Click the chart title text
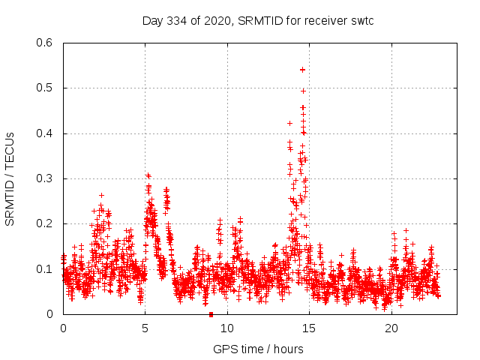[x=258, y=20]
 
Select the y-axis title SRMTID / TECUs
[x=10, y=178]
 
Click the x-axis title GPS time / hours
[x=258, y=349]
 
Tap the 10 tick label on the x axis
[x=227, y=328]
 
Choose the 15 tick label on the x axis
[x=310, y=328]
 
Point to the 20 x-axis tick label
[x=391, y=328]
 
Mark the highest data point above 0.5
[x=302, y=69]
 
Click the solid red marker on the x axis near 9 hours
[x=211, y=314]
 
